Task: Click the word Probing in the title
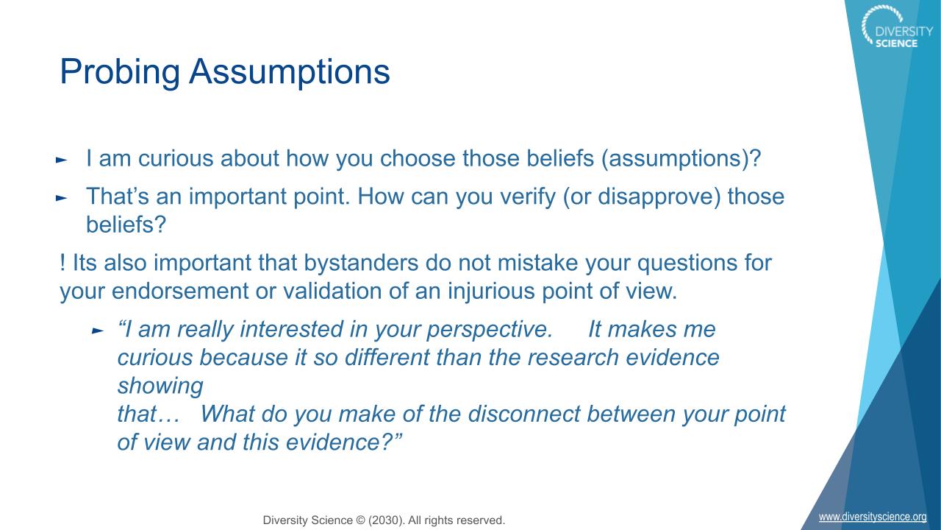(x=120, y=72)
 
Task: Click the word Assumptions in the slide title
(x=290, y=72)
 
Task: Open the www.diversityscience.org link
(x=873, y=517)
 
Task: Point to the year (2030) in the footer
(x=387, y=520)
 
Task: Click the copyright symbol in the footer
(x=360, y=520)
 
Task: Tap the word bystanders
(x=361, y=263)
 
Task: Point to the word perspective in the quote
(x=490, y=329)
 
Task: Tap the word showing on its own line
(x=160, y=386)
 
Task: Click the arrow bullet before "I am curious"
(x=61, y=160)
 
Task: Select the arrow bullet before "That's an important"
(x=61, y=198)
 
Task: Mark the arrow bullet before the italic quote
(x=98, y=331)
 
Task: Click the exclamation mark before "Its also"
(x=62, y=263)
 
